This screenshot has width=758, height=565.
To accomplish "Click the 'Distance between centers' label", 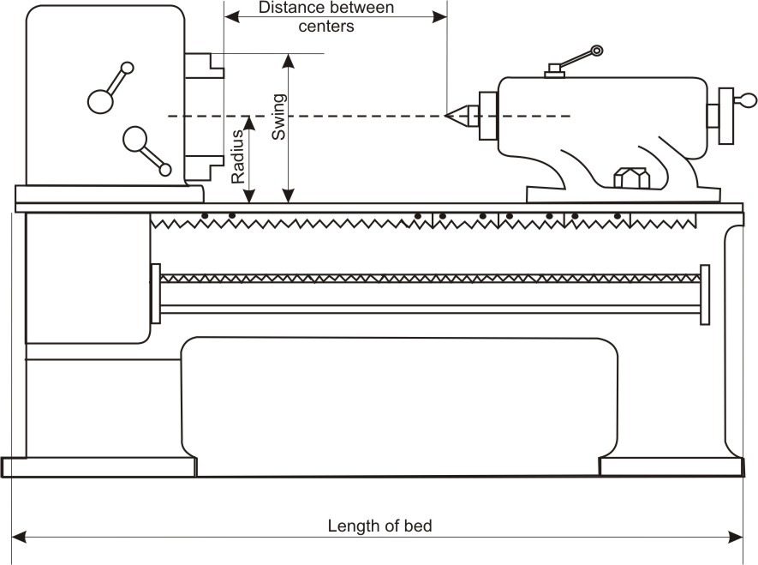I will (x=326, y=17).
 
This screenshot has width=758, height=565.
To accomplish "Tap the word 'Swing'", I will (x=278, y=117).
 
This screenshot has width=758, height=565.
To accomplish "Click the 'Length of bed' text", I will (x=379, y=526).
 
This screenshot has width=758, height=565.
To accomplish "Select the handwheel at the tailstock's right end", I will (x=727, y=115).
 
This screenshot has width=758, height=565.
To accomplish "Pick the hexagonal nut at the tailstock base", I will (x=631, y=177).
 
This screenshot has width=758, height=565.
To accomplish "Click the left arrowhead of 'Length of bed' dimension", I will (x=16, y=537).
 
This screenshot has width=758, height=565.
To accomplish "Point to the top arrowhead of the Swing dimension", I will (x=289, y=59).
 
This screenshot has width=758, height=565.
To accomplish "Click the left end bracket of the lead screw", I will (x=156, y=294).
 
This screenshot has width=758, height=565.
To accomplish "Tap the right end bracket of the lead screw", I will (x=705, y=294).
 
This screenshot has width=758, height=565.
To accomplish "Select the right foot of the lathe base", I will (x=671, y=466).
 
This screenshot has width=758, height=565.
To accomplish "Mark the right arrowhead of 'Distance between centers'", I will (x=442, y=15).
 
